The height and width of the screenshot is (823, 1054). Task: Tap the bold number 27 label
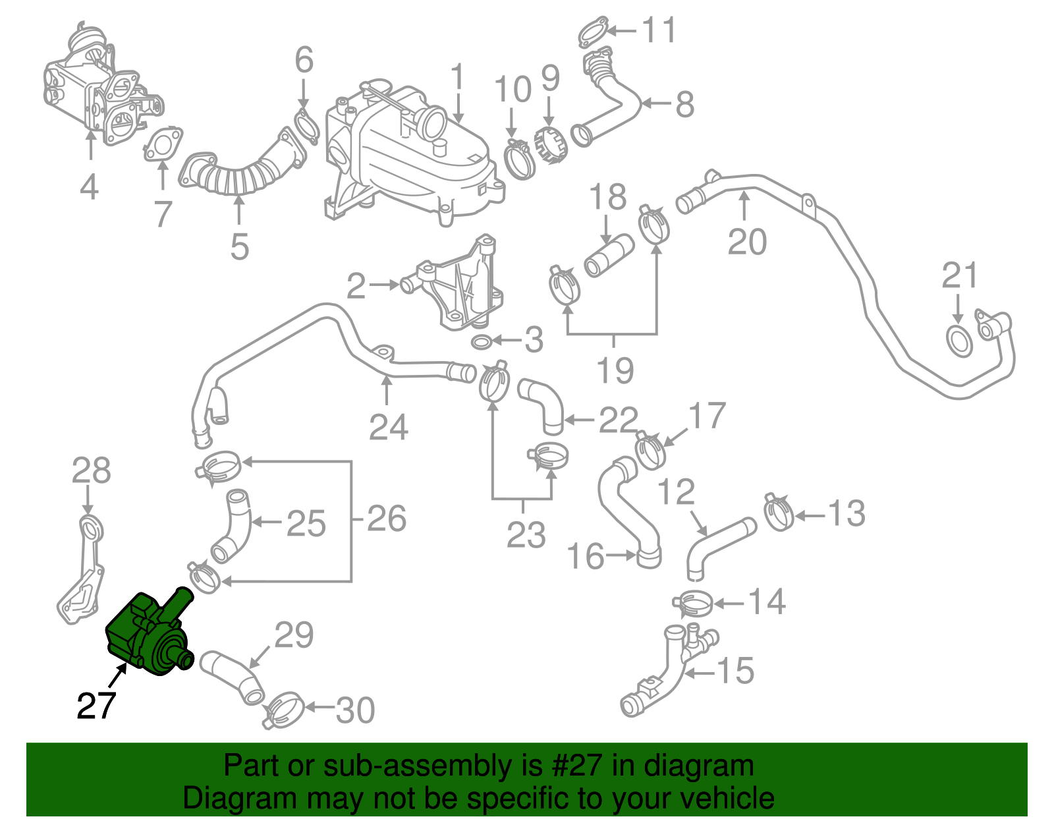pos(96,706)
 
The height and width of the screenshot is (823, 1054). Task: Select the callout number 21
pos(959,276)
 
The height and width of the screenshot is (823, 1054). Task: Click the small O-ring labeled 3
pos(482,341)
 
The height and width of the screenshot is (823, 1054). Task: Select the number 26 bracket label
pos(386,519)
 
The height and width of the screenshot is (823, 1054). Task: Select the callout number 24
pos(388,427)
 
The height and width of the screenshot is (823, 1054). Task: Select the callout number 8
pos(685,104)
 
